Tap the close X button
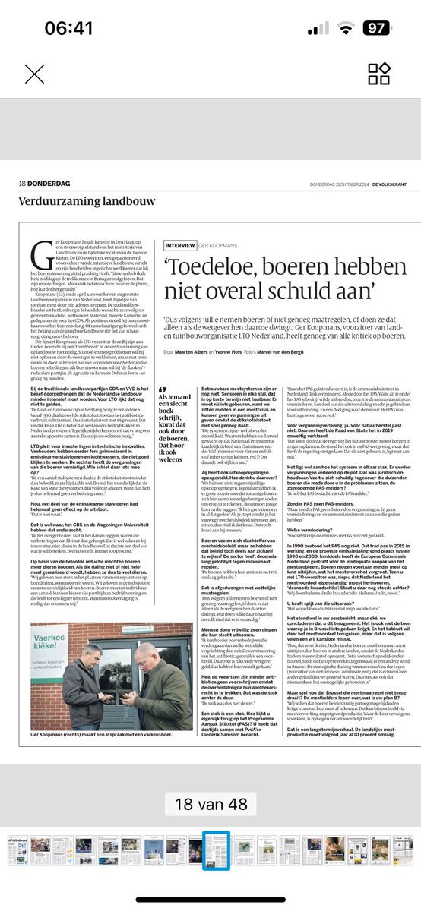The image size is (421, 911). click(x=34, y=74)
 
